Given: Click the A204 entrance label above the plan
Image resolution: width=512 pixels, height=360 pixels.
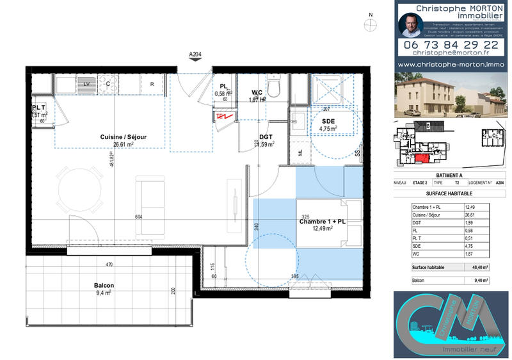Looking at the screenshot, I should tap(196, 54).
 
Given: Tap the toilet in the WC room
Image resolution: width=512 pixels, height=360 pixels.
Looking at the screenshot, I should tap(274, 86).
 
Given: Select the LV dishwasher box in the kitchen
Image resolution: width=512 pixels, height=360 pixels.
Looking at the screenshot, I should tap(86, 84).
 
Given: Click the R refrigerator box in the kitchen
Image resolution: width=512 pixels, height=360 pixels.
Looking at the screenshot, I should tap(152, 84).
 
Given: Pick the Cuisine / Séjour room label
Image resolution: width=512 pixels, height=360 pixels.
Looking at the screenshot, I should tap(123, 137).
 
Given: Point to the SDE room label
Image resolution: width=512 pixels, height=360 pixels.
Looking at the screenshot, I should tap(328, 121).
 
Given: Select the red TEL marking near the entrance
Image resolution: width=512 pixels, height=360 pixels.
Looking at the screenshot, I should tap(223, 117).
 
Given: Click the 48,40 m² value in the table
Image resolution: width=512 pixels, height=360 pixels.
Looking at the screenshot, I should tap(479, 268).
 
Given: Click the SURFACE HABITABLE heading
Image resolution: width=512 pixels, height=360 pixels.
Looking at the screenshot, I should tap(449, 193).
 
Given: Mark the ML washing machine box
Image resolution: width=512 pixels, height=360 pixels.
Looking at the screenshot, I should tap(300, 152).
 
